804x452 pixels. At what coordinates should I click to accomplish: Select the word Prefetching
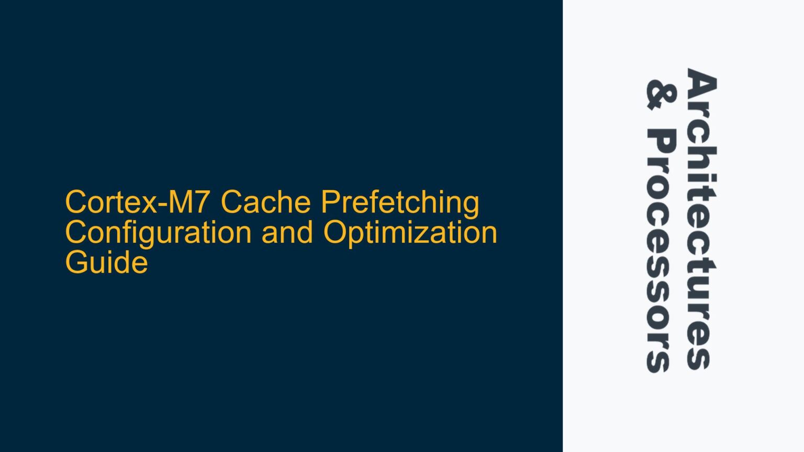click(400, 203)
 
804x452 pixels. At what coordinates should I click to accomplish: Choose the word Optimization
click(410, 233)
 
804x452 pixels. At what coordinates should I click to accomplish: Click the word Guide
click(106, 262)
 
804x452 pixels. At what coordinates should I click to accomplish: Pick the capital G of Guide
click(76, 262)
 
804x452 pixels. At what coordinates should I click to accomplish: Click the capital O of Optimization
click(334, 232)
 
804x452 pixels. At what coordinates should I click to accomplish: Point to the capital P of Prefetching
click(330, 202)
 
